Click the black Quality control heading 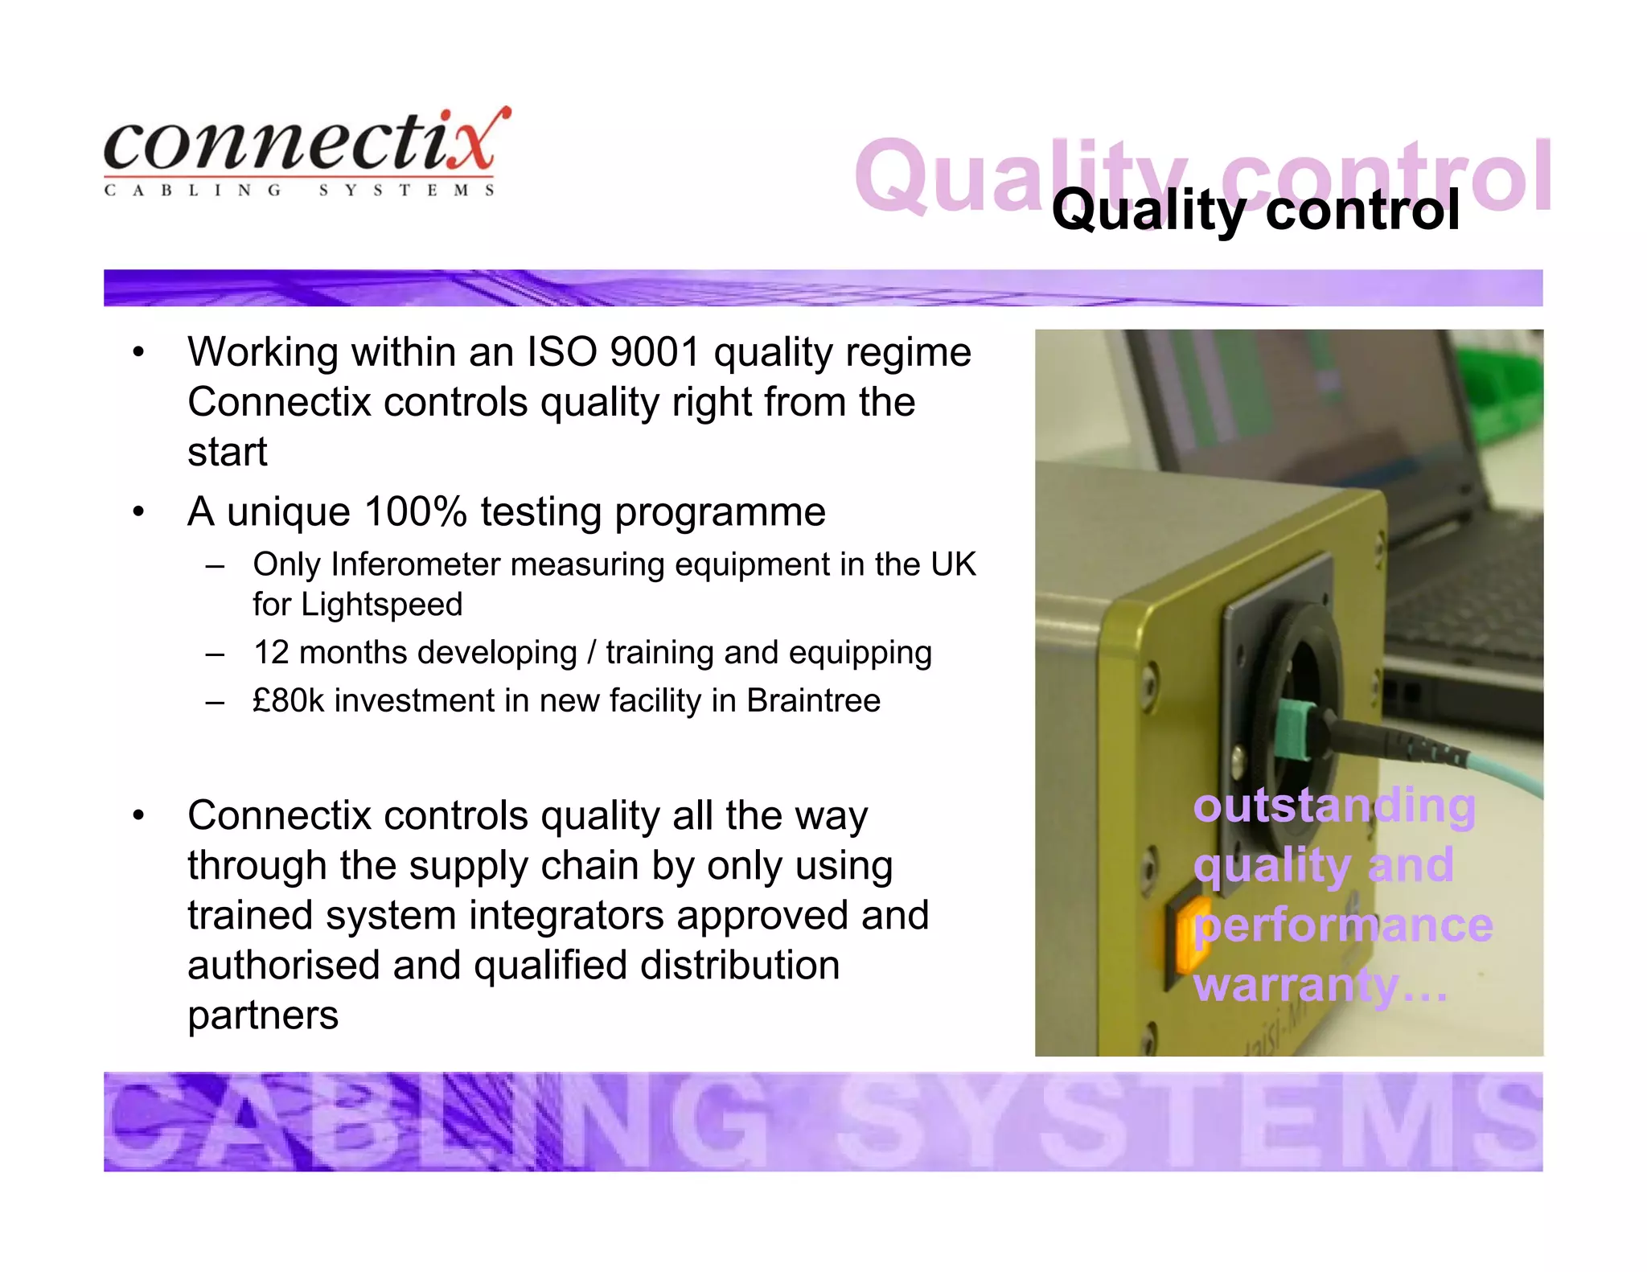pyautogui.click(x=1255, y=211)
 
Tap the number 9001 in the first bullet pyautogui.click(x=655, y=352)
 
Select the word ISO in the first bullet pyautogui.click(x=561, y=352)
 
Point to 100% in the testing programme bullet pyautogui.click(x=415, y=512)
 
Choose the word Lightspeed pyautogui.click(x=382, y=605)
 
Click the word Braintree pyautogui.click(x=813, y=700)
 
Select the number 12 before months pyautogui.click(x=271, y=652)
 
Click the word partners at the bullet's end pyautogui.click(x=263, y=1016)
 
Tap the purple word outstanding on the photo pyautogui.click(x=1334, y=806)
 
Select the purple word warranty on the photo pyautogui.click(x=1296, y=986)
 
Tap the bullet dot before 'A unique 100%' pyautogui.click(x=139, y=512)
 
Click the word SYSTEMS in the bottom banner pyautogui.click(x=1190, y=1122)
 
